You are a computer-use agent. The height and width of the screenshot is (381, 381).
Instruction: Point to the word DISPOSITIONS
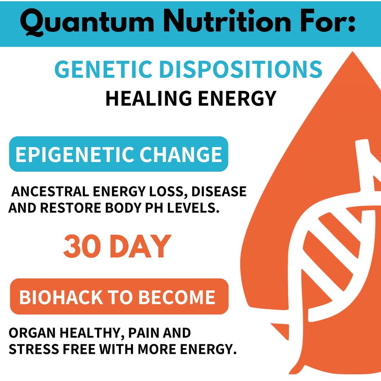click(241, 69)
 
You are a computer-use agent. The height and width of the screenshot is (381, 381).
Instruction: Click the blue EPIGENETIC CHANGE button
click(119, 154)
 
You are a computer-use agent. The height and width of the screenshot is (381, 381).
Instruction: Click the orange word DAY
click(140, 246)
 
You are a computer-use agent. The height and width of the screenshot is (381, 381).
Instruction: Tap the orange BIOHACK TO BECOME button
click(119, 297)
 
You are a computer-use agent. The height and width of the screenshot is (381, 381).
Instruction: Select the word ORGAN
click(31, 333)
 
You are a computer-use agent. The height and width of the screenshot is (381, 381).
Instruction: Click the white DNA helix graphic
click(328, 240)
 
